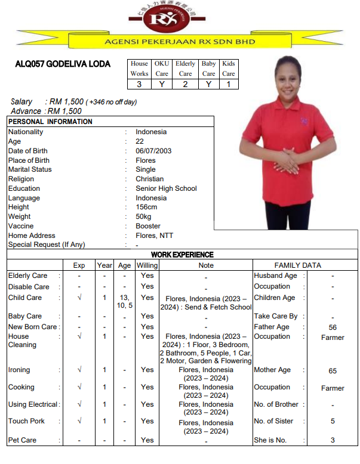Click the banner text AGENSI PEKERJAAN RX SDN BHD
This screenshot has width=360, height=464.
pos(180,42)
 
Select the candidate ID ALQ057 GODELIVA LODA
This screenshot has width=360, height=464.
pos(63,64)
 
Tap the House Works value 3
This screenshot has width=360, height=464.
pos(139,84)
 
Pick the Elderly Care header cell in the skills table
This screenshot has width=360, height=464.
pos(185,69)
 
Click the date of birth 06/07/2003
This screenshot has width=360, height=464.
pos(153,151)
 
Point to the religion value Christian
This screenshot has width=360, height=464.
pos(149,179)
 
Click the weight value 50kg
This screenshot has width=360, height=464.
pos(144,216)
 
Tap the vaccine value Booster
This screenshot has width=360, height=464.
pos(148,226)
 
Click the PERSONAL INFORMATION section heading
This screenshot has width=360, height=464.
pos(50,122)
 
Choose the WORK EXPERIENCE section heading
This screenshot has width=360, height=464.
pos(182,255)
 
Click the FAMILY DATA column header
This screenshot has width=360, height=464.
pos(297,265)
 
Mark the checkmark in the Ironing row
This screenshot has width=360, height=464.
pos(79,370)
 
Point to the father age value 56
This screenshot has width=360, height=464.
pos(333,327)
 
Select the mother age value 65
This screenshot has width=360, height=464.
pos(333,371)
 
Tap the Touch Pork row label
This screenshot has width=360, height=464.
pos(26,421)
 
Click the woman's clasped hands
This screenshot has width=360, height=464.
pos(288,161)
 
